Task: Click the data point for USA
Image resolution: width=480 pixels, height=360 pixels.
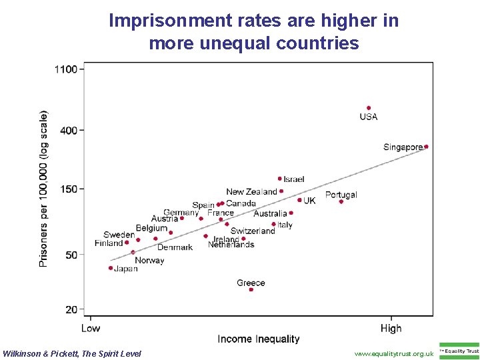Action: pos(369,108)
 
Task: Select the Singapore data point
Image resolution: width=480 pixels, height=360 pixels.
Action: pos(426,147)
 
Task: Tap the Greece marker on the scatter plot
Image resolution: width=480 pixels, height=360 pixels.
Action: pos(251,289)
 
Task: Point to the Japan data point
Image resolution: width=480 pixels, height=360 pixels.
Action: pos(111,268)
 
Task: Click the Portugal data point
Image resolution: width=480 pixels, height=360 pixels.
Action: pos(341,201)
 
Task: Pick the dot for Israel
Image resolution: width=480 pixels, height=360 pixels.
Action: pos(280,179)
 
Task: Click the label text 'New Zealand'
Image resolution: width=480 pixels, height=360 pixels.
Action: pos(251,192)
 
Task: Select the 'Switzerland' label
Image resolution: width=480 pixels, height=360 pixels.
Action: pos(253,231)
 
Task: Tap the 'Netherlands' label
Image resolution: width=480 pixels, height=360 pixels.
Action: pos(231,245)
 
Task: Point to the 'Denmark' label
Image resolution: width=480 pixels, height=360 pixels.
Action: pos(175,247)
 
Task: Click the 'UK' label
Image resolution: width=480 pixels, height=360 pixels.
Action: pos(310,201)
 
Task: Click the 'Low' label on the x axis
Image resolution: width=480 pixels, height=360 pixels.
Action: pos(91,328)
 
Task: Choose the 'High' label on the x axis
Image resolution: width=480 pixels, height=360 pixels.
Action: pos(391,328)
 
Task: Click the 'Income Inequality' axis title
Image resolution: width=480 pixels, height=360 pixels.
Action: pos(259,339)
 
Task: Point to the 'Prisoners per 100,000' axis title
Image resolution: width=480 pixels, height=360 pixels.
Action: pos(44,189)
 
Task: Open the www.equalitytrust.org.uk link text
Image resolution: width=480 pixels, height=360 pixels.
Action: pos(394,353)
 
